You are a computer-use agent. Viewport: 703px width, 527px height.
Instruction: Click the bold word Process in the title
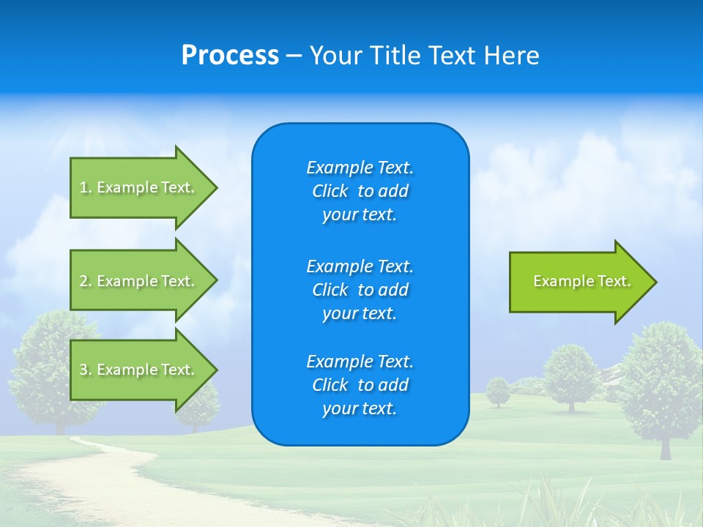click(230, 56)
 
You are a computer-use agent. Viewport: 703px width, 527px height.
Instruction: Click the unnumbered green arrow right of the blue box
click(579, 282)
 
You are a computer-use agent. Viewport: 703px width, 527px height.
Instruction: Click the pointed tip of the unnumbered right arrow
click(655, 282)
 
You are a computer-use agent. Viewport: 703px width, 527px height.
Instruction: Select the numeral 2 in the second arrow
click(83, 281)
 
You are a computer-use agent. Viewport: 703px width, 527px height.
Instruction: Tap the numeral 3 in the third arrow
click(83, 370)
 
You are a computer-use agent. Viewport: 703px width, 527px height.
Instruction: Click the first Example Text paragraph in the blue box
click(360, 190)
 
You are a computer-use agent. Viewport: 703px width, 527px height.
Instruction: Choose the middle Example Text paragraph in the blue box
click(360, 289)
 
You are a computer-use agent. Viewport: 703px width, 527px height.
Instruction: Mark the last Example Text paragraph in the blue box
click(360, 385)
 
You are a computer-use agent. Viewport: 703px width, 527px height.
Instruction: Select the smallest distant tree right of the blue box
click(498, 391)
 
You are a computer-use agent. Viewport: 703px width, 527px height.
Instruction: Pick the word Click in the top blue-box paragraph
click(330, 191)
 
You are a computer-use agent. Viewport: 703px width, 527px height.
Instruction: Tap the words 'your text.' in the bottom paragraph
click(360, 408)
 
